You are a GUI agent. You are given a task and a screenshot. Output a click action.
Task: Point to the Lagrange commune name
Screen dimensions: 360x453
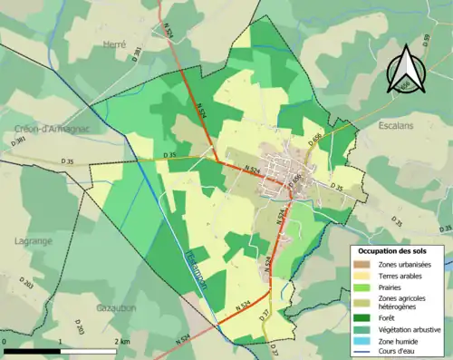[x=34, y=241]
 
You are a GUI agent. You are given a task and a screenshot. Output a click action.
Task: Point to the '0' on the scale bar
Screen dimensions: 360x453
[x=5, y=341]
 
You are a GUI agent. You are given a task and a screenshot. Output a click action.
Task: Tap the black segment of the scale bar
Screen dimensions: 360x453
[x=33, y=350]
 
